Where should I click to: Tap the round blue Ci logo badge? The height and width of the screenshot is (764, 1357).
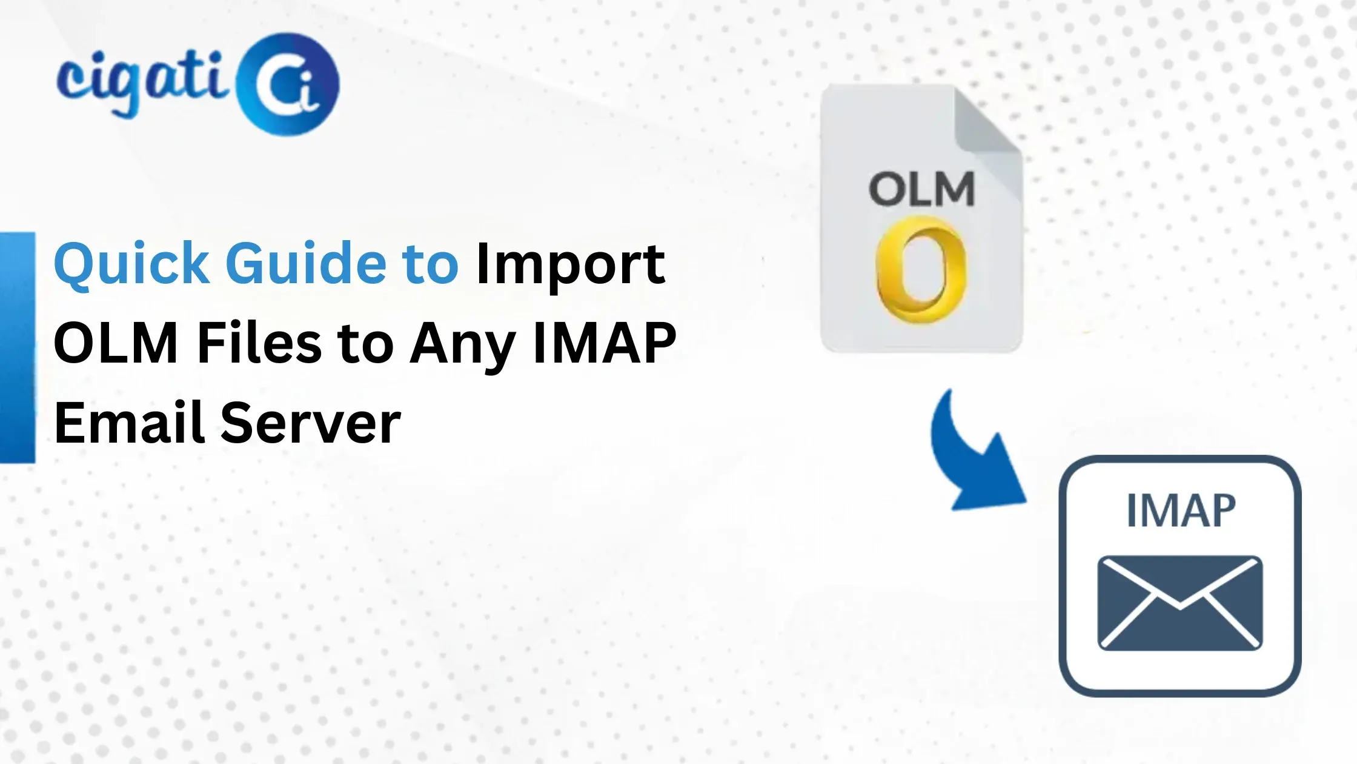288,84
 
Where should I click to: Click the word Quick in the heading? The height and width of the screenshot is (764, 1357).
131,264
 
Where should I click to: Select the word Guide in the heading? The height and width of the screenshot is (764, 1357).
305,264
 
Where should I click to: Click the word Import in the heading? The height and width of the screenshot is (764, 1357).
570,264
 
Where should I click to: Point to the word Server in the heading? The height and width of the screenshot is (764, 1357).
310,423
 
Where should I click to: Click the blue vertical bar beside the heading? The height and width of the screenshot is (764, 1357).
18,347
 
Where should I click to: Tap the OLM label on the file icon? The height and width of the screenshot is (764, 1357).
921,189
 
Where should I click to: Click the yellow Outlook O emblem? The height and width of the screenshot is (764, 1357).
921,270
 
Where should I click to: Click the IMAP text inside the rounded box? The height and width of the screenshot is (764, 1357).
1180,511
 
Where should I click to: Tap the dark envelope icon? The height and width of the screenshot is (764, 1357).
1179,603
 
